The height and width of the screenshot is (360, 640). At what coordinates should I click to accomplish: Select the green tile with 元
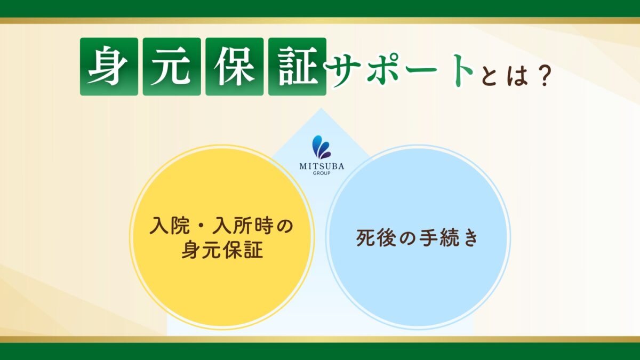point(172,67)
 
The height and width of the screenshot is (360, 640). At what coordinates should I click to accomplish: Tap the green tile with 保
point(235,67)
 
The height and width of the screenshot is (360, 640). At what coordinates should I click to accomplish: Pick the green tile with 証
point(297,67)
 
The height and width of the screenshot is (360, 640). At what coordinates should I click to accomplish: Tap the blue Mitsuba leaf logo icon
point(321,147)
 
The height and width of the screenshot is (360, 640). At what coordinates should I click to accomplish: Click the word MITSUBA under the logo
point(321,166)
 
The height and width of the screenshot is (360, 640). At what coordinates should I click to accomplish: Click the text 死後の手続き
point(417,238)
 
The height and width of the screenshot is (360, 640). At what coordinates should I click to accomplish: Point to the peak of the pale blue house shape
point(320,109)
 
